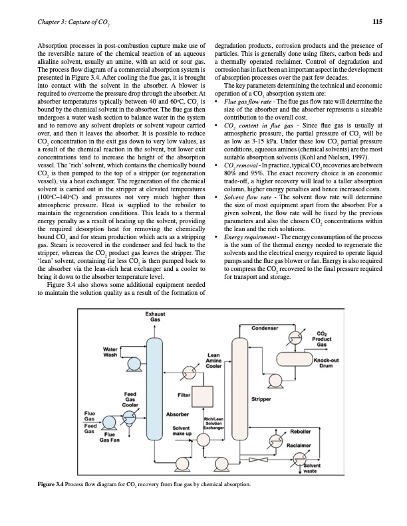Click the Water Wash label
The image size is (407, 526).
tap(110, 351)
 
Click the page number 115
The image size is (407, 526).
tap(376, 21)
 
